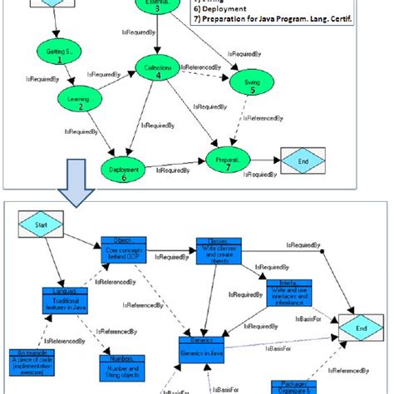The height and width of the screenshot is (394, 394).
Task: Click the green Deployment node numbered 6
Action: coord(125,173)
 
